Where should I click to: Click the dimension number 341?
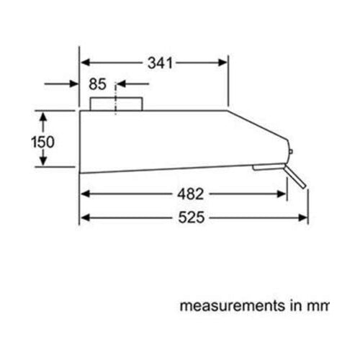(161, 63)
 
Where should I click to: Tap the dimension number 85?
(97, 84)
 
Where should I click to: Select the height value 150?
(42, 141)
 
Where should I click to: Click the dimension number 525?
(192, 217)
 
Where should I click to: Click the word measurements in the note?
(228, 305)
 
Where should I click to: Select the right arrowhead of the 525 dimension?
(303, 217)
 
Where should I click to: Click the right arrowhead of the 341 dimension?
(224, 63)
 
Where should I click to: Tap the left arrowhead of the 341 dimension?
(84, 63)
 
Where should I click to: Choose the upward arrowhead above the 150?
(42, 115)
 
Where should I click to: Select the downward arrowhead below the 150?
(42, 163)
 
